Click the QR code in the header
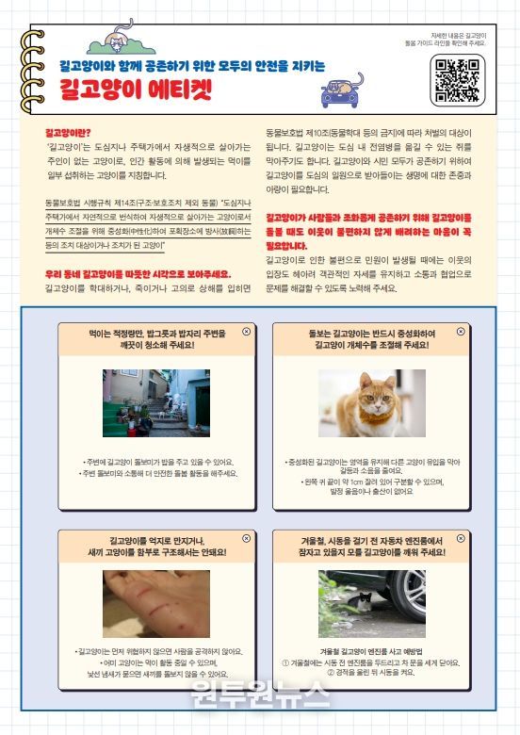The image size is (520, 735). pos(457,79)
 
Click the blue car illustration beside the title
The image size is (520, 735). pos(343,89)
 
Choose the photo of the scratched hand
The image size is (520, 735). pos(155,604)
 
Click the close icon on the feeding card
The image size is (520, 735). pos(247,331)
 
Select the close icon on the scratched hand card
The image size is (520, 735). pos(247,537)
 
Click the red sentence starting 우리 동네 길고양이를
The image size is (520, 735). pos(138,273)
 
